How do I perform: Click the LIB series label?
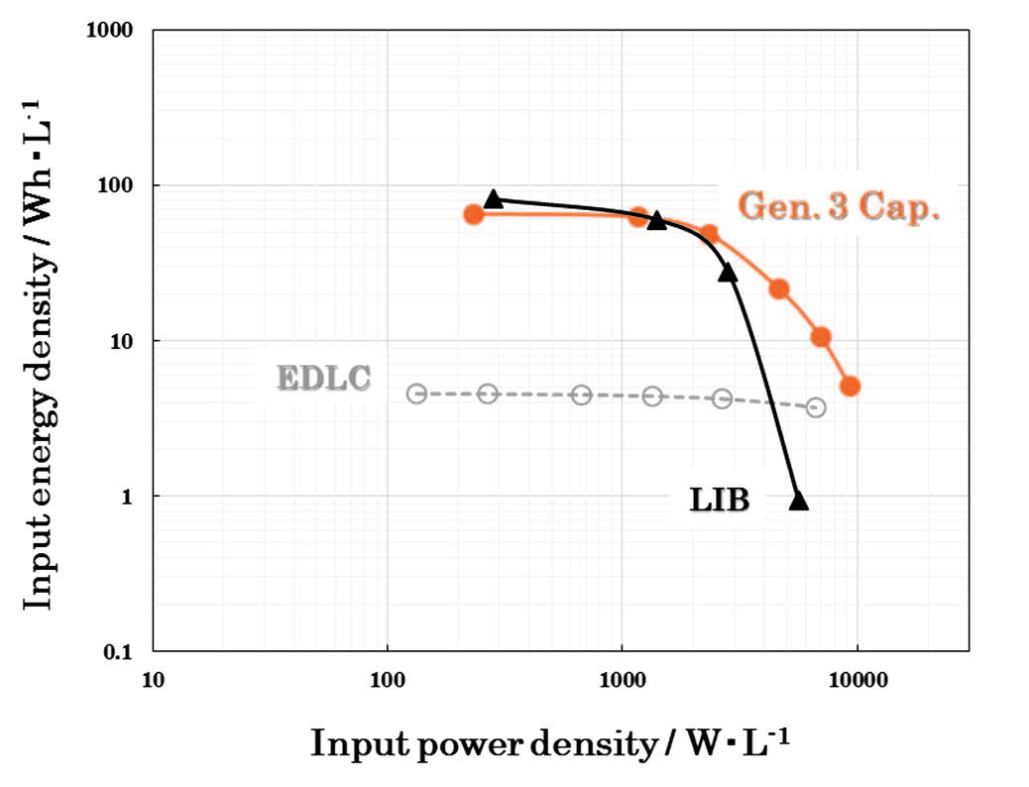[x=720, y=501]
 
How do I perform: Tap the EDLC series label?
[x=323, y=379]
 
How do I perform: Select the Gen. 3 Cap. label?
[x=838, y=207]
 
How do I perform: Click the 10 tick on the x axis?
[x=152, y=682]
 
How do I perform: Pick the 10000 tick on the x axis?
[x=857, y=682]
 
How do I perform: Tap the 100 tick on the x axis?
[x=388, y=682]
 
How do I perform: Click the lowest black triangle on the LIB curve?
[x=799, y=501]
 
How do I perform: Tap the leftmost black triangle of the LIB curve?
[x=493, y=198]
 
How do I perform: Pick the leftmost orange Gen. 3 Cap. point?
[x=474, y=214]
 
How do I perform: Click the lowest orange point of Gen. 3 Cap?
[x=850, y=386]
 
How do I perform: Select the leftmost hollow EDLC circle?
[x=416, y=393]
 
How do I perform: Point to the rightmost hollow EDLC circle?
[x=816, y=407]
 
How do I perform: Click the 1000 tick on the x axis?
[x=622, y=682]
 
